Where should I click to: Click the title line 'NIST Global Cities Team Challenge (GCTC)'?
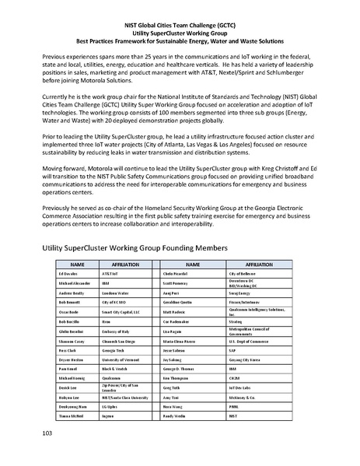[179, 25]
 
